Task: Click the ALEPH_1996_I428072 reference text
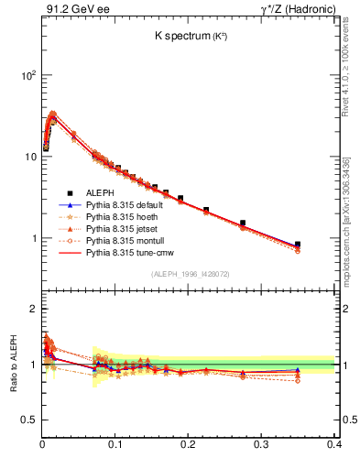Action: tap(190, 274)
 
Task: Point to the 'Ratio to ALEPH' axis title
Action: tap(12, 364)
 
